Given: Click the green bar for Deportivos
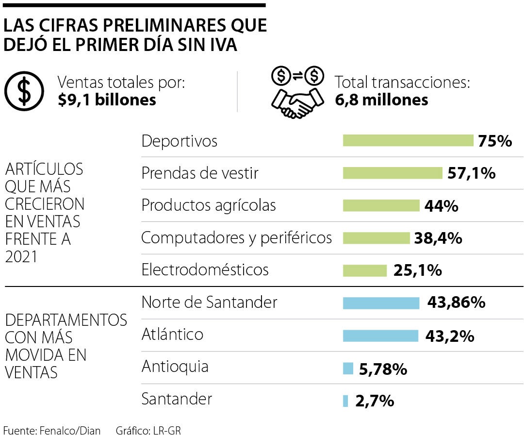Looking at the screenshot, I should (x=408, y=141).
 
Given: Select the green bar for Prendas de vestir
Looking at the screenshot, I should (x=393, y=173).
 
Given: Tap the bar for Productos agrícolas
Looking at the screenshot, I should (x=381, y=205).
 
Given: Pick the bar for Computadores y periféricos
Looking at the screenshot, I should (x=376, y=238).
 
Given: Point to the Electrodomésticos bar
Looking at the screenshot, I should (x=364, y=270).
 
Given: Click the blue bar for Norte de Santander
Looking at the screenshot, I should (x=381, y=303).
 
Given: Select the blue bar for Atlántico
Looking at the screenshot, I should (x=380, y=336).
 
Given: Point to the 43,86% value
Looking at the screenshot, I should (x=456, y=303).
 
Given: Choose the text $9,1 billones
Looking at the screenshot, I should (x=107, y=100).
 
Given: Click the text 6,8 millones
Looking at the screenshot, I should (x=381, y=100).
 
